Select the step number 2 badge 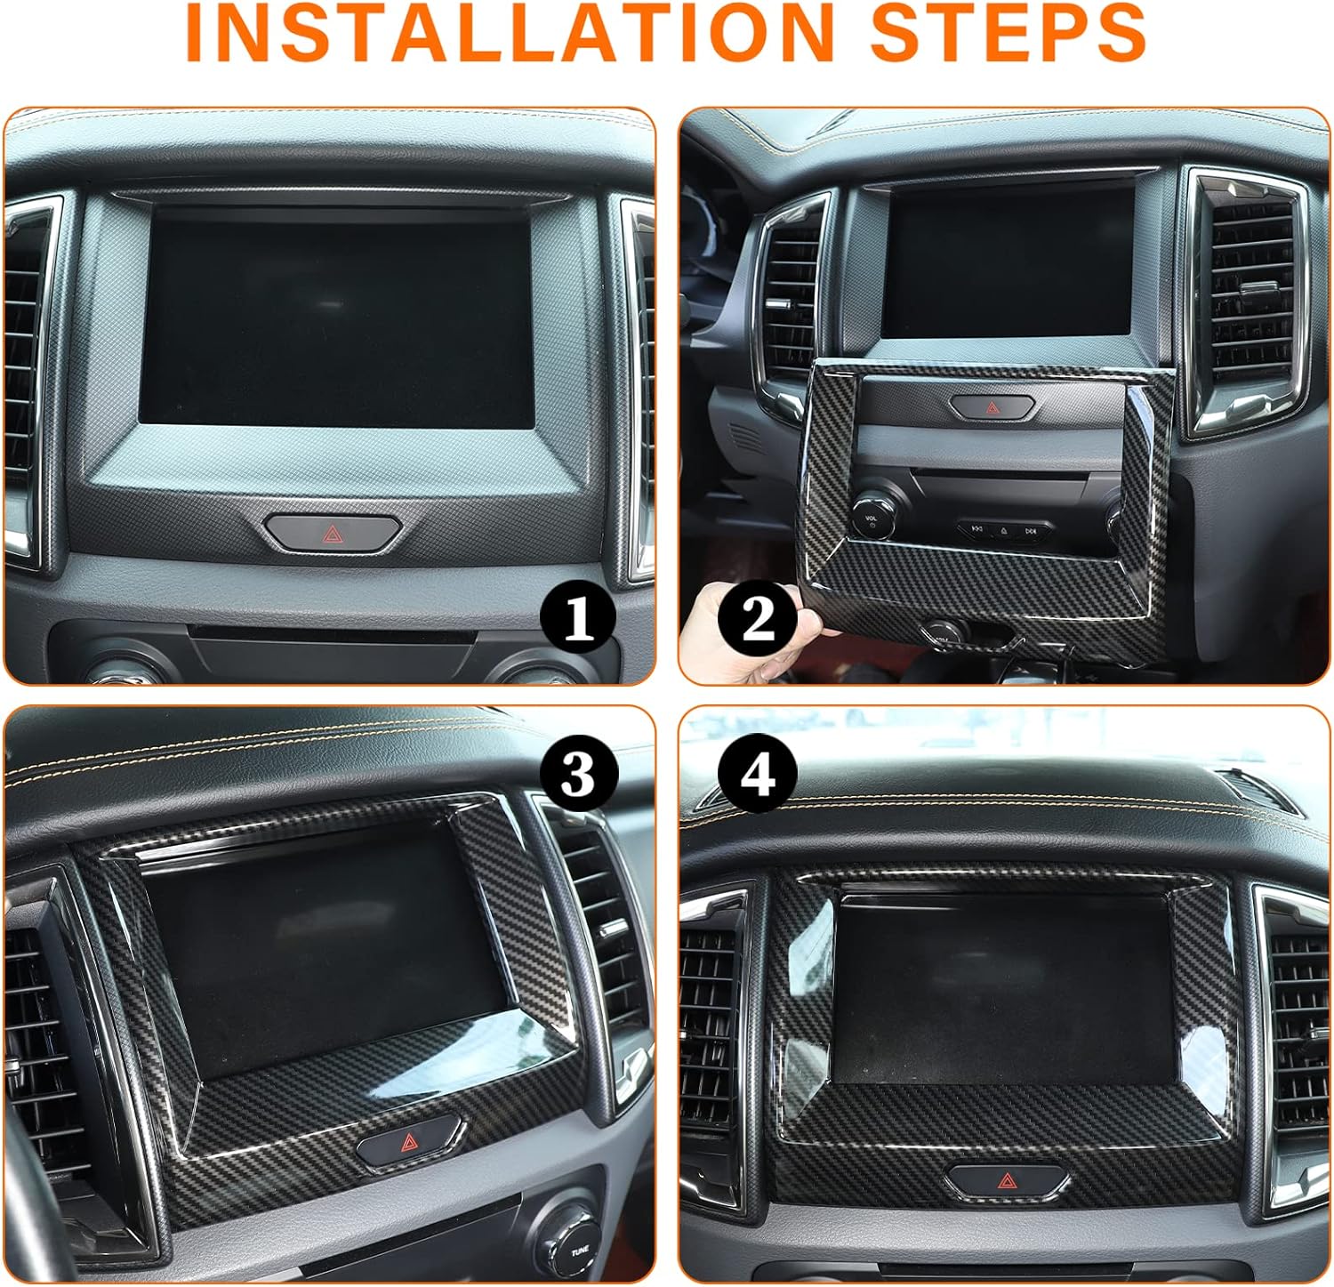pyautogui.click(x=758, y=618)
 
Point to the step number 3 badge pyautogui.click(x=578, y=773)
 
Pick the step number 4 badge pyautogui.click(x=758, y=773)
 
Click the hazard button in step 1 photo pyautogui.click(x=333, y=533)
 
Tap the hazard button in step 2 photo pyautogui.click(x=992, y=407)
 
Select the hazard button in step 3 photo pyautogui.click(x=410, y=1142)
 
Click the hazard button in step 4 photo pyautogui.click(x=1007, y=1180)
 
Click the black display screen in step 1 pyautogui.click(x=337, y=323)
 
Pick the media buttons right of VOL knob pyautogui.click(x=1003, y=530)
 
